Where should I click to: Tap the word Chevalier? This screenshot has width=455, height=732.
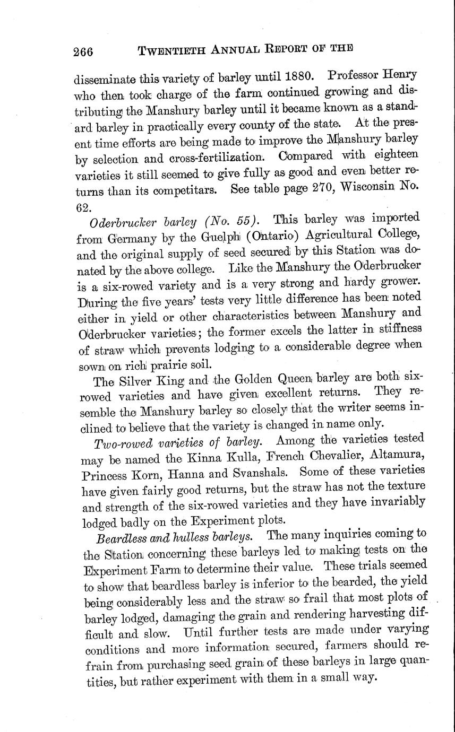pos(324,455)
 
